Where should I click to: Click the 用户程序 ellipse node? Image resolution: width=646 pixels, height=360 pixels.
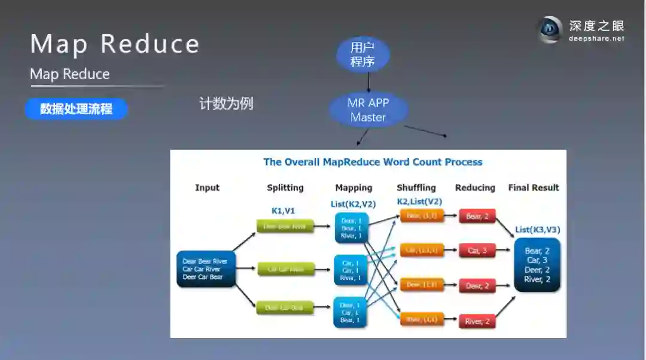click(x=362, y=55)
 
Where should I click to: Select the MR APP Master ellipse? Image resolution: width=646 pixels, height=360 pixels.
click(x=368, y=110)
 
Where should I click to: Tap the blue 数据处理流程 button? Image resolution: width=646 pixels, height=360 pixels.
click(x=76, y=109)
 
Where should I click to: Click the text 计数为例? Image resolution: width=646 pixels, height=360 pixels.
click(x=226, y=103)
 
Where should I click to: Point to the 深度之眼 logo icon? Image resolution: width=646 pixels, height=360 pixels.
click(x=550, y=29)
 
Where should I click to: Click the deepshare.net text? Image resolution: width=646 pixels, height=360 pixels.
click(x=596, y=38)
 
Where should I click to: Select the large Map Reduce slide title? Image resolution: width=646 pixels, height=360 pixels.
click(x=115, y=44)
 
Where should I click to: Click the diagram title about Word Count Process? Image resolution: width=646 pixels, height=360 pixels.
click(x=373, y=162)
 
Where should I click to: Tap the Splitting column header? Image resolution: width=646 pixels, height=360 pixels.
click(x=285, y=188)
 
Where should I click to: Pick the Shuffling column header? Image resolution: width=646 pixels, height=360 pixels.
click(x=416, y=188)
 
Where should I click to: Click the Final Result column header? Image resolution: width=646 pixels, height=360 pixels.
click(x=534, y=188)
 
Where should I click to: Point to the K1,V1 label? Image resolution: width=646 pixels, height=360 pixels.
click(x=284, y=211)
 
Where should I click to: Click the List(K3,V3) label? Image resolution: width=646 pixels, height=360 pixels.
click(x=537, y=230)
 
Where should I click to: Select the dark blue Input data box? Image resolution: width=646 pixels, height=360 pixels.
click(x=206, y=269)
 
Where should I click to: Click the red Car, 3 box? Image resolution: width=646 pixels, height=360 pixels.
click(x=477, y=251)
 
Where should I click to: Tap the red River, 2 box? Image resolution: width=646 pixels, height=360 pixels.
click(x=477, y=322)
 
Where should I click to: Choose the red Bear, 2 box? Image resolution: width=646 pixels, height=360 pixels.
click(x=477, y=216)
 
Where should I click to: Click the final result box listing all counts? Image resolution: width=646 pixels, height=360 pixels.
click(x=537, y=265)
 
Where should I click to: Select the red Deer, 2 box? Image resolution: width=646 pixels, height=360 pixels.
click(x=477, y=286)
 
